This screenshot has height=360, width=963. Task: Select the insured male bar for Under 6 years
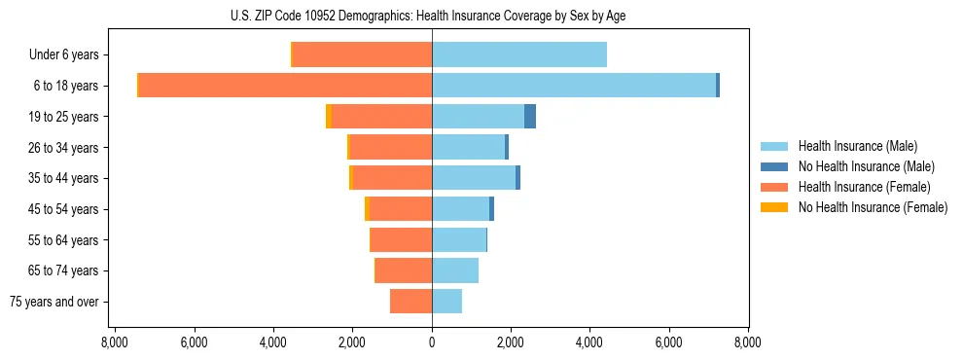(x=519, y=54)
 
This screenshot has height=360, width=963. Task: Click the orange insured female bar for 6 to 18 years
(x=285, y=86)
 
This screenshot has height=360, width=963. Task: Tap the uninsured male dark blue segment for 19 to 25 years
(x=530, y=117)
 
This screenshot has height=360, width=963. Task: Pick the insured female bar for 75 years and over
(x=410, y=302)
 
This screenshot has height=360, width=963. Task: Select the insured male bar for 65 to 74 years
(x=455, y=270)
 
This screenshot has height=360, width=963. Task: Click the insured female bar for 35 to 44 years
(x=392, y=178)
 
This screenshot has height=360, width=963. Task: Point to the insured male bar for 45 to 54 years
(x=460, y=209)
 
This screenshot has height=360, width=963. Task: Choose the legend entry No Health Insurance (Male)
(x=866, y=166)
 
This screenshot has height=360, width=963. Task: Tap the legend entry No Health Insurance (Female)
(x=873, y=207)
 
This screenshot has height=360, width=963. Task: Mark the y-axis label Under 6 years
(x=64, y=55)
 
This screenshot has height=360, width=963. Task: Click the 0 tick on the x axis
(x=432, y=343)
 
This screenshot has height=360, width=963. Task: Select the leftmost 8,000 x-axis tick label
(x=115, y=343)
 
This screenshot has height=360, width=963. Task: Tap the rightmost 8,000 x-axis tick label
(x=748, y=343)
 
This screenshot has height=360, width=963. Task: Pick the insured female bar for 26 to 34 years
(x=390, y=148)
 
